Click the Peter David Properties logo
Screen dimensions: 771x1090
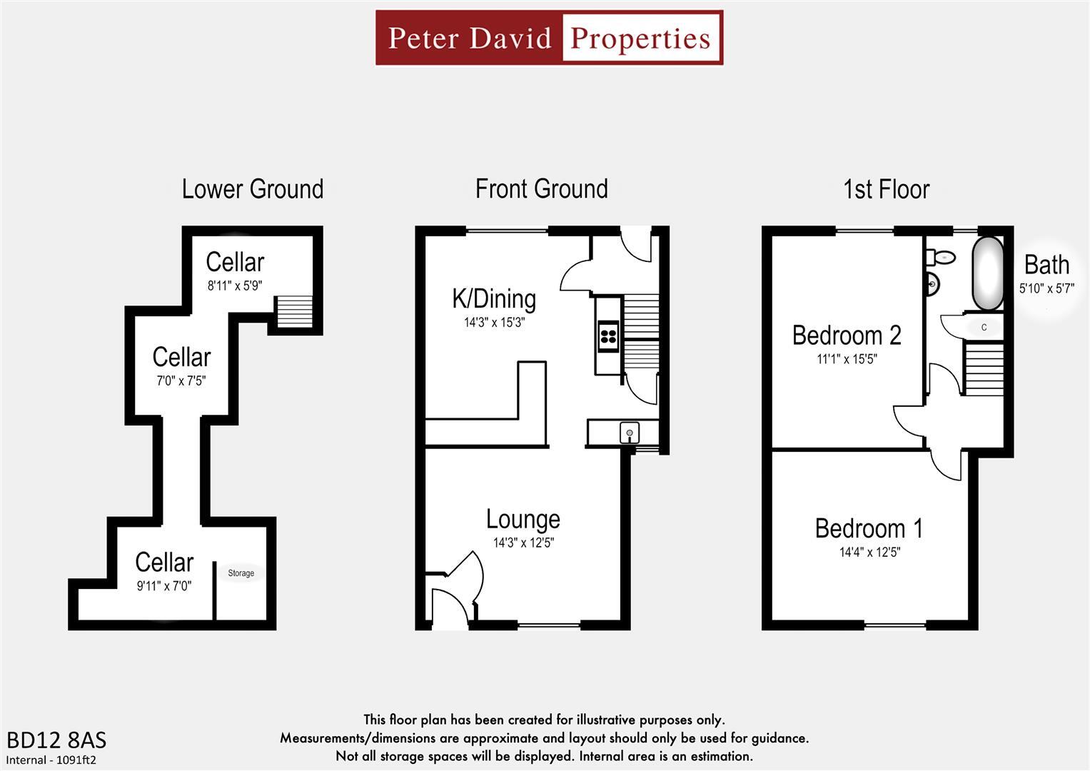coord(549,38)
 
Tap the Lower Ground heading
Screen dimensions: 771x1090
coord(252,189)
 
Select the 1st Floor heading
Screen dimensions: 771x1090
coord(886,189)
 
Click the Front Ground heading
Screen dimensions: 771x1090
coord(541,189)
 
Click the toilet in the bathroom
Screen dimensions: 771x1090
coord(941,258)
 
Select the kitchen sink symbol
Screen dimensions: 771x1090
coord(629,432)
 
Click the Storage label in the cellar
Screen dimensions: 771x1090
coord(241,573)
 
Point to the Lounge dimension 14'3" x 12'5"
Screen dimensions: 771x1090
coord(523,543)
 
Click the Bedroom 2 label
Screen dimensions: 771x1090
coord(847,336)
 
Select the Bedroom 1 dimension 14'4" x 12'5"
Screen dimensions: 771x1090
coord(869,552)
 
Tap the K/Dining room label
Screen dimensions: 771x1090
coord(494,298)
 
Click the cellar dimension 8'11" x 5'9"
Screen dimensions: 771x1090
coord(235,286)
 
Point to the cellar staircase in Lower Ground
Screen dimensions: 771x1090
coord(294,312)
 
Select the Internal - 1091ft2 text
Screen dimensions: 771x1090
coord(51,760)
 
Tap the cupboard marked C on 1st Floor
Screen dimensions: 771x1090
coord(984,328)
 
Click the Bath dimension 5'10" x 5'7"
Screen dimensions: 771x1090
coord(1046,289)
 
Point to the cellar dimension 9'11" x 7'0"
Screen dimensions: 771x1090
coord(164,586)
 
